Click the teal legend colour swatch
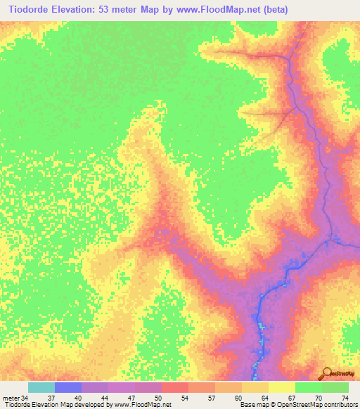click(41, 387)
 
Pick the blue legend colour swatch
click(68, 387)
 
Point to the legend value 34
click(25, 397)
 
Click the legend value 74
click(345, 397)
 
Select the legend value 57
click(211, 397)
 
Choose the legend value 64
click(264, 397)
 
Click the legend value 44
click(104, 397)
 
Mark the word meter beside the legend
click(11, 397)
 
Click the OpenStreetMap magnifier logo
click(326, 372)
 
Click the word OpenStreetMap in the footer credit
click(296, 405)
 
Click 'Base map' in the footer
click(252, 405)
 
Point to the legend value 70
click(318, 397)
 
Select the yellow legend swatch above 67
click(281, 387)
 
